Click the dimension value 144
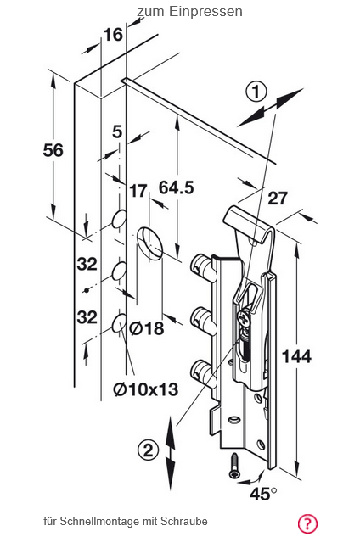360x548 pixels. pyautogui.click(x=296, y=356)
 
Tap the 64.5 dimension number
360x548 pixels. pyautogui.click(x=177, y=187)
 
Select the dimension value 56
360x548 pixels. pyautogui.click(x=53, y=150)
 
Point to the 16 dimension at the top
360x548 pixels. pyautogui.click(x=114, y=35)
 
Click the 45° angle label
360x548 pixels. pyautogui.click(x=263, y=494)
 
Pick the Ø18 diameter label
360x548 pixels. pyautogui.click(x=147, y=328)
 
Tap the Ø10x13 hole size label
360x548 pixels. pyautogui.click(x=146, y=389)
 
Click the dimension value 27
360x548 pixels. pyautogui.click(x=278, y=199)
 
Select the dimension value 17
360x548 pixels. pyautogui.click(x=138, y=191)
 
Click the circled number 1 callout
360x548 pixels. pyautogui.click(x=256, y=92)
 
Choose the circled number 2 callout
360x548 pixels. pyautogui.click(x=149, y=450)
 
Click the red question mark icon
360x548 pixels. pyautogui.click(x=307, y=524)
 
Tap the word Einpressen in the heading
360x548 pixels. pyautogui.click(x=205, y=12)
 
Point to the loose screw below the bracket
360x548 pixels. pyautogui.click(x=234, y=467)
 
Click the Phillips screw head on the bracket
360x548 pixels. pyautogui.click(x=244, y=318)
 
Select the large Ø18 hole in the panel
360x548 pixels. pyautogui.click(x=149, y=243)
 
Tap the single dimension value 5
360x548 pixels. pyautogui.click(x=117, y=131)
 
